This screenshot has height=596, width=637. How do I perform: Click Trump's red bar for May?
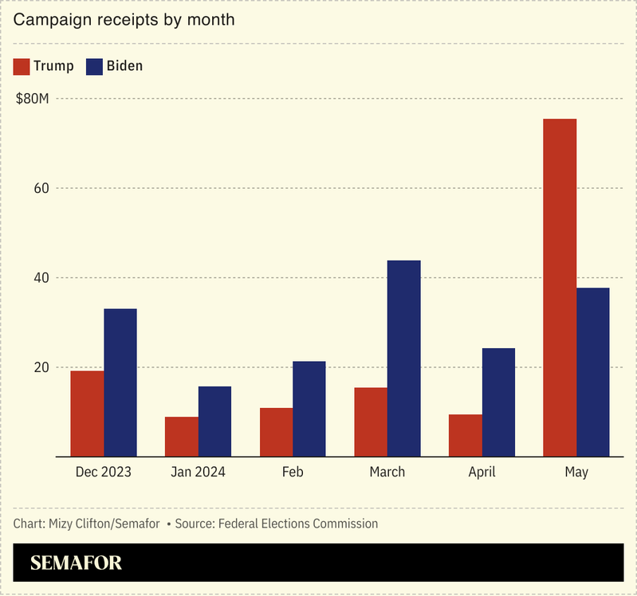tap(560, 288)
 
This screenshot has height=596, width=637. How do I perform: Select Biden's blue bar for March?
tap(403, 359)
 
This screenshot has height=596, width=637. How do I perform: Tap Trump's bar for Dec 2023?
tap(87, 414)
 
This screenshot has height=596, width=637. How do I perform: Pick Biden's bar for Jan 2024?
tap(214, 422)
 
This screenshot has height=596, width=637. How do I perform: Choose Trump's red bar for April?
tap(465, 435)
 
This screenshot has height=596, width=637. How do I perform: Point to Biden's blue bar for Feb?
tap(309, 409)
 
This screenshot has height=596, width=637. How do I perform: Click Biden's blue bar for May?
tap(592, 372)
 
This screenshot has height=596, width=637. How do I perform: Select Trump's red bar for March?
tap(371, 422)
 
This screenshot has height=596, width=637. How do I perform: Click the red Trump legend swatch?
tap(22, 66)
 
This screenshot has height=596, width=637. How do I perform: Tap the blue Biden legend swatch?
tap(94, 66)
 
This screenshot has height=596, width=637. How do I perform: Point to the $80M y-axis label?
tap(33, 99)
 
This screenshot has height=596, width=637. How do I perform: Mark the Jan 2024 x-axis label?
tap(198, 472)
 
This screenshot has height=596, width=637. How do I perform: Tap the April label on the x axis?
tap(482, 472)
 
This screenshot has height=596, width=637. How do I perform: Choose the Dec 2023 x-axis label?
tap(104, 472)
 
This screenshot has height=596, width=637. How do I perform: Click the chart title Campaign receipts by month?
tap(124, 20)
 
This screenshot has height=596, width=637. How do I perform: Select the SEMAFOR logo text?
tap(77, 563)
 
